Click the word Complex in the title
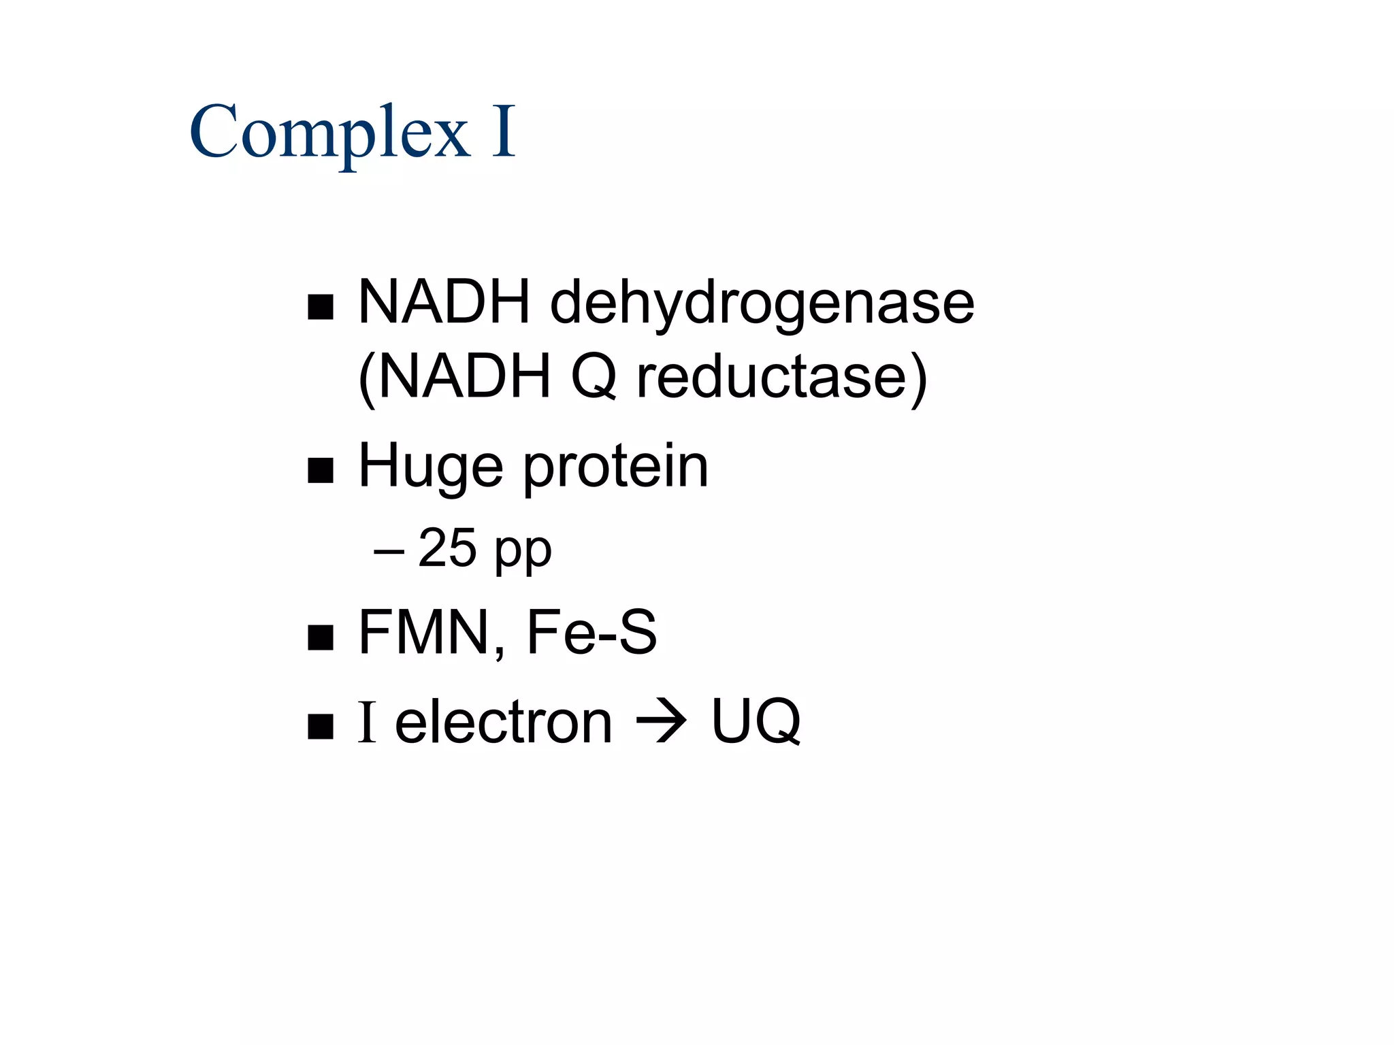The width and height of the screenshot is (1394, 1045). click(329, 133)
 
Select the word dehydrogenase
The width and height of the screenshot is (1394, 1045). click(762, 303)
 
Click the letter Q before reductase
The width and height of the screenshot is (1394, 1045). click(594, 378)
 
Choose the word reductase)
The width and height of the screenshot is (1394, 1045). click(781, 378)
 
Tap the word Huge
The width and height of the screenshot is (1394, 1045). click(430, 468)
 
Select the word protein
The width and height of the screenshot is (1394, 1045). click(616, 468)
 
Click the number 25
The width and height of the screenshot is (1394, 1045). click(447, 548)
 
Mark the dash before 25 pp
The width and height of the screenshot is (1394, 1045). click(389, 550)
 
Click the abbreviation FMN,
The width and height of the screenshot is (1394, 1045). click(432, 633)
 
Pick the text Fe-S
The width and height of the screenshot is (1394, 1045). click(591, 633)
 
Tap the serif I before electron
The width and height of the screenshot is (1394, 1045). click(367, 722)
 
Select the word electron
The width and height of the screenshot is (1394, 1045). click(504, 722)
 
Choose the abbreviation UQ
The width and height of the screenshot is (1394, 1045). click(756, 722)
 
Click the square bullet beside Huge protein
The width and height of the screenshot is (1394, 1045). click(321, 470)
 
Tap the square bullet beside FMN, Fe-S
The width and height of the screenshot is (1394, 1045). click(321, 637)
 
